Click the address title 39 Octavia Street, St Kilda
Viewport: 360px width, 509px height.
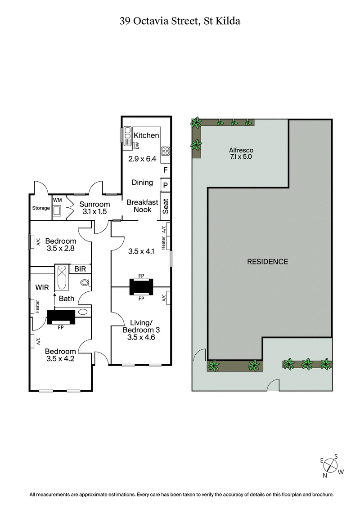(180, 21)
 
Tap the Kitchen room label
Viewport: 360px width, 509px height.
(146, 135)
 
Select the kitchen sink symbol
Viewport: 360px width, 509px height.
(127, 134)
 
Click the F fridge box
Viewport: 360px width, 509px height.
(165, 170)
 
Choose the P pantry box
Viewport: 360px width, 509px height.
(165, 185)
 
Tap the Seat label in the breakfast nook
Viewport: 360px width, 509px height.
(165, 206)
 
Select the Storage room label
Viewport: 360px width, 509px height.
(40, 208)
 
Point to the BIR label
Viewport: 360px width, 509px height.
(80, 269)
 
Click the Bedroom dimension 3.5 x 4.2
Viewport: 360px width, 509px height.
(60, 359)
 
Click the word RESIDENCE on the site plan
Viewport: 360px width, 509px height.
(267, 262)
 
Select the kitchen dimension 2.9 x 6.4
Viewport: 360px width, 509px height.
(142, 159)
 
